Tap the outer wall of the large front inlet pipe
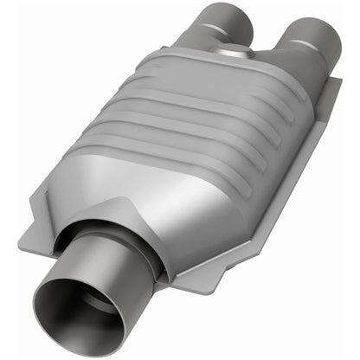point(121,260)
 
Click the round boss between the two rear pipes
point(249,55)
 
